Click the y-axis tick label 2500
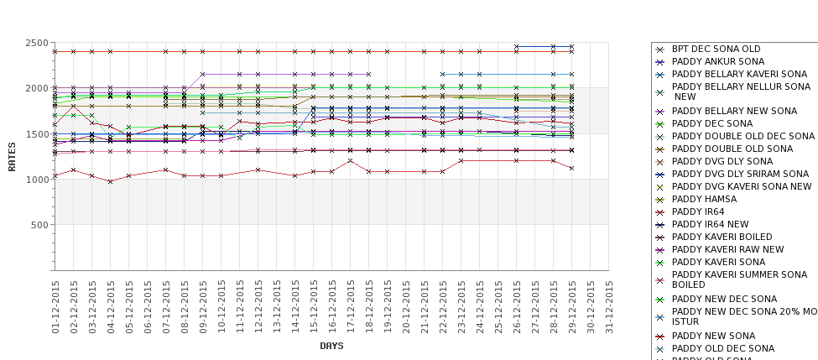(x=36, y=43)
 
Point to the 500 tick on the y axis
(x=39, y=225)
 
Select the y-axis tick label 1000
(x=36, y=180)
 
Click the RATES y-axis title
(x=12, y=155)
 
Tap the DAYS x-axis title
(x=331, y=346)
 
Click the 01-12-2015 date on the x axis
(x=55, y=307)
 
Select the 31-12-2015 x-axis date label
(x=609, y=307)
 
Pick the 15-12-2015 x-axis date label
(x=314, y=307)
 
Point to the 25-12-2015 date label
(x=498, y=307)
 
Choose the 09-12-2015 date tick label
(x=203, y=307)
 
